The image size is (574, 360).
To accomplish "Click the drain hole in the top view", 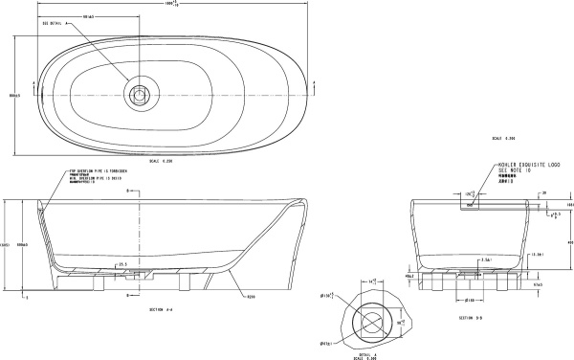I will [x=141, y=95].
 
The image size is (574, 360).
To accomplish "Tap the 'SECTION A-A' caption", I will [x=163, y=310].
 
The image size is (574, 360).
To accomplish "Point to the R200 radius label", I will [x=252, y=298].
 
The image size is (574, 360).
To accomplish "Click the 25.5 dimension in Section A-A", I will [x=122, y=263].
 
